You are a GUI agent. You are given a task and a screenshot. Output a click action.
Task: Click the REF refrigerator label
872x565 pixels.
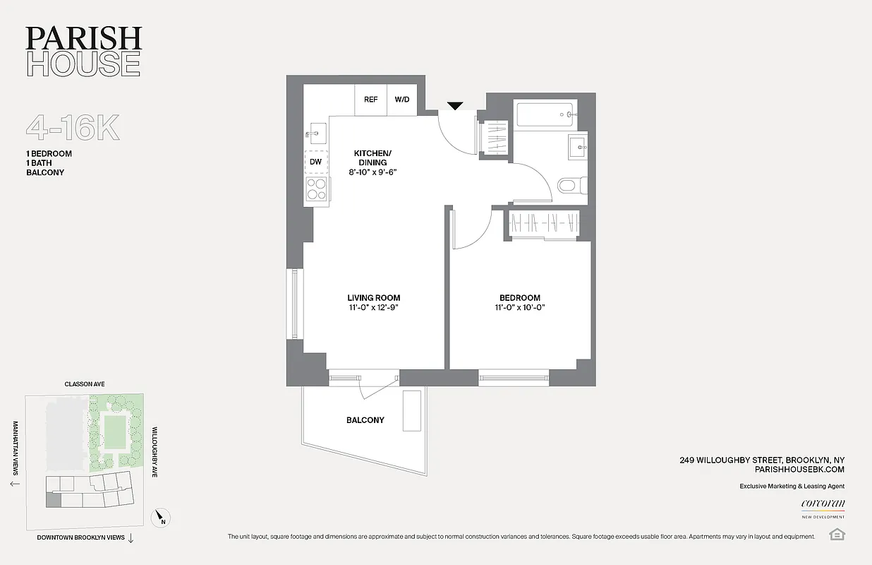370,100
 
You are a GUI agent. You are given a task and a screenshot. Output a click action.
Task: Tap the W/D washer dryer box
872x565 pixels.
401,100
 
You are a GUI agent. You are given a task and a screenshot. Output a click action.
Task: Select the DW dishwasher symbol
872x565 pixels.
315,162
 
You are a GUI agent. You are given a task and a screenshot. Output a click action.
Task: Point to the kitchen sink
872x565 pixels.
315,133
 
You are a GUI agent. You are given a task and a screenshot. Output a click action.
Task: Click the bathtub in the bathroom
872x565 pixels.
544,112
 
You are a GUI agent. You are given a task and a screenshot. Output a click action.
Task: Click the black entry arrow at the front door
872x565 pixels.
455,106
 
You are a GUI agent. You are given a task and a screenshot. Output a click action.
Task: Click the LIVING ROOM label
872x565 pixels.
373,297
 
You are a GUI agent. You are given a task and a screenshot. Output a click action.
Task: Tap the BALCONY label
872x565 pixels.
365,420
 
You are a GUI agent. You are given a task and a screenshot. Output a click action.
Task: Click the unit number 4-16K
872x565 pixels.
73,128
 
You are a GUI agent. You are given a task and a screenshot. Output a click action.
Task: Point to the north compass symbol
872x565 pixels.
162,519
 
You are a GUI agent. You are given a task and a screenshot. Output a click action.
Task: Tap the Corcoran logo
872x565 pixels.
823,504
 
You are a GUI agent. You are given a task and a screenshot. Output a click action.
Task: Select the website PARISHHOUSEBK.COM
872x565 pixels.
799,469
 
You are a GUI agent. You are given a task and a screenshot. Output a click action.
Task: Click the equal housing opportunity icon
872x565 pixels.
837,533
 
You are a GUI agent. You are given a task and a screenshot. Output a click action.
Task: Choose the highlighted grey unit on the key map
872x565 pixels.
54,500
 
